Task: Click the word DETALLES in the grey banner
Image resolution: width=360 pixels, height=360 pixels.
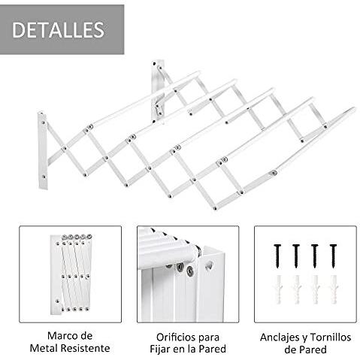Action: [x=58, y=30]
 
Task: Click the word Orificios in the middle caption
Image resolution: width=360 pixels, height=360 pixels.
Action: [x=166, y=335]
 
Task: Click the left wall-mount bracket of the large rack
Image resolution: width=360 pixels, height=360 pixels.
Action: [x=43, y=150]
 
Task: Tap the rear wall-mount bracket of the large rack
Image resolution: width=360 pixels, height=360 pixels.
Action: [x=159, y=86]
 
